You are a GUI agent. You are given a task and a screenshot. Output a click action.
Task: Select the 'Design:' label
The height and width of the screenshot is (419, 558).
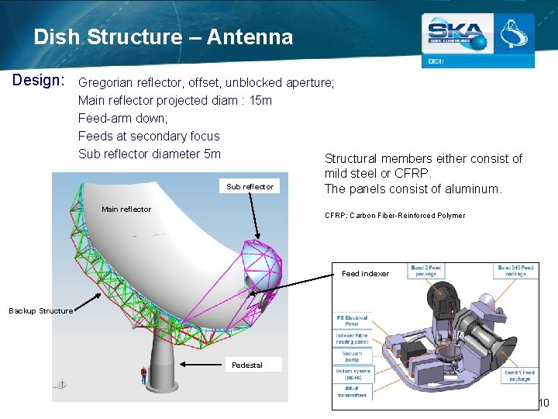[x=39, y=81]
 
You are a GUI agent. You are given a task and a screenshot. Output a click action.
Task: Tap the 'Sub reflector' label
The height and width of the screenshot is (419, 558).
[x=250, y=187]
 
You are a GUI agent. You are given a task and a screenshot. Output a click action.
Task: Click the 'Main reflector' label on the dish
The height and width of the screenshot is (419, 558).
[x=126, y=209]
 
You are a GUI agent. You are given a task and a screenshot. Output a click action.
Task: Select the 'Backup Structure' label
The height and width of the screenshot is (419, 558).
[x=41, y=311]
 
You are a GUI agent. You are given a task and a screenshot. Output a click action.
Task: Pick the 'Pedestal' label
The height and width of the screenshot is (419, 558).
[x=247, y=365]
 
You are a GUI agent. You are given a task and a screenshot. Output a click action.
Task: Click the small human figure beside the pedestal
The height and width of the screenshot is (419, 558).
[x=143, y=376]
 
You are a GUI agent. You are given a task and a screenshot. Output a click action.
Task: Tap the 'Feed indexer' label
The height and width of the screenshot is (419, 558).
[x=366, y=274]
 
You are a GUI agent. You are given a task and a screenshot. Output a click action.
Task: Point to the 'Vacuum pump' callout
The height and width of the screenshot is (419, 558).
[x=352, y=355]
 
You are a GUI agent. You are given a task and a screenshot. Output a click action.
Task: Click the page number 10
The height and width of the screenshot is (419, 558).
[x=543, y=403]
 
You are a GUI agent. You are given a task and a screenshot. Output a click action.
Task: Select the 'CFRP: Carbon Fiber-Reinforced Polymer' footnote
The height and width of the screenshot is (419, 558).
[x=394, y=216]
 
